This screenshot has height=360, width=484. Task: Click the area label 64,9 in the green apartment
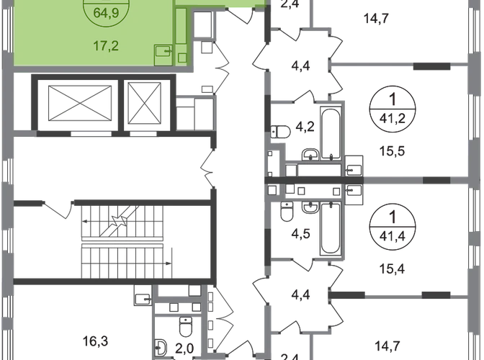coord(106,14)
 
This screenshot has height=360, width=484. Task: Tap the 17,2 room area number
coord(106,46)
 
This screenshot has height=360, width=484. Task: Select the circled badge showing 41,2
coord(393,109)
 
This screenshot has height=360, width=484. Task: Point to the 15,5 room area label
coord(392,151)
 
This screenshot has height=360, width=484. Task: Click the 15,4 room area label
coord(392,269)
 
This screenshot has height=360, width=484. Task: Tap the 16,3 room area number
coord(95,341)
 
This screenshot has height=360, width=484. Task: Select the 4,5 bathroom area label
coord(300,233)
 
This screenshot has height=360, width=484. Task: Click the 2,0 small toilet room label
coord(184,348)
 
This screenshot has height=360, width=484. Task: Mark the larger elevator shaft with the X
coord(80,104)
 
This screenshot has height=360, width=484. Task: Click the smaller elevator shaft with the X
coord(145,103)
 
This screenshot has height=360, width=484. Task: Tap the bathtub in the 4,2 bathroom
coord(331,134)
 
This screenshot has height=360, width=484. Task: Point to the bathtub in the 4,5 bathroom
coord(331,228)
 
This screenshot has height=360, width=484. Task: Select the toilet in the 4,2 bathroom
coord(281,132)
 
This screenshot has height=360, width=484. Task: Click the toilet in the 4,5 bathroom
coord(287,211)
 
